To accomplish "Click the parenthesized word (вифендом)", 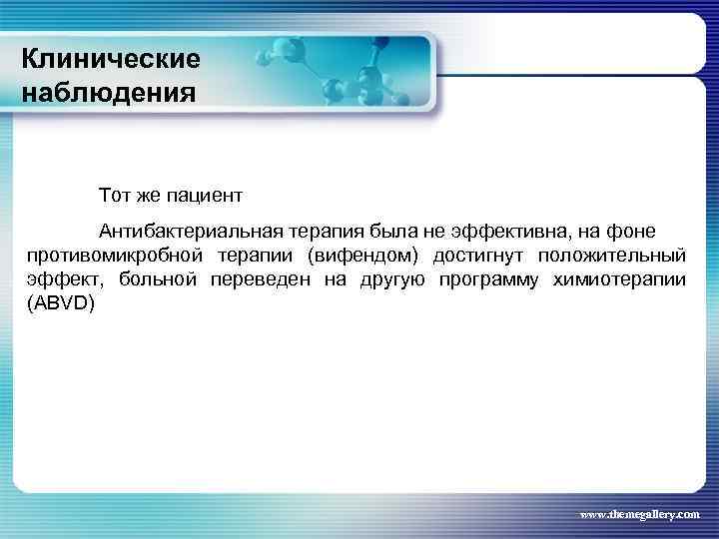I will (x=362, y=255).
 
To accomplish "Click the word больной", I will (x=159, y=278).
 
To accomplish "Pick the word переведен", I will (x=261, y=278).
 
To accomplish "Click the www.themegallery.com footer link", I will (x=640, y=514).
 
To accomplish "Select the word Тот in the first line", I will (x=114, y=191).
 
